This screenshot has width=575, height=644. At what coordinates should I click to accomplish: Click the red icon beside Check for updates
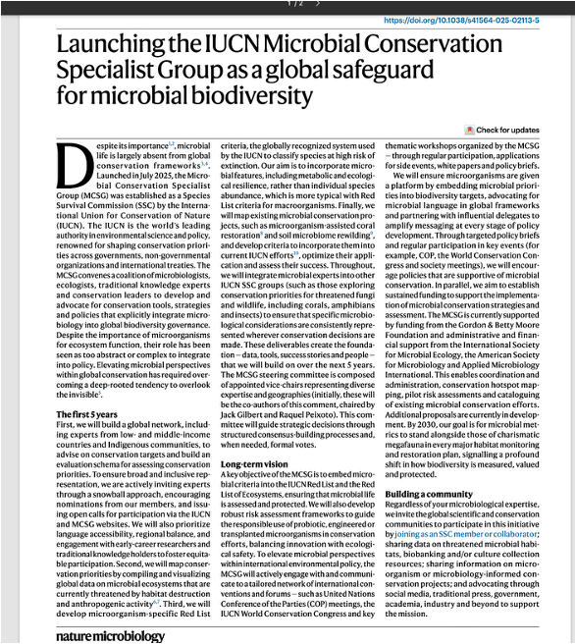tap(469, 130)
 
